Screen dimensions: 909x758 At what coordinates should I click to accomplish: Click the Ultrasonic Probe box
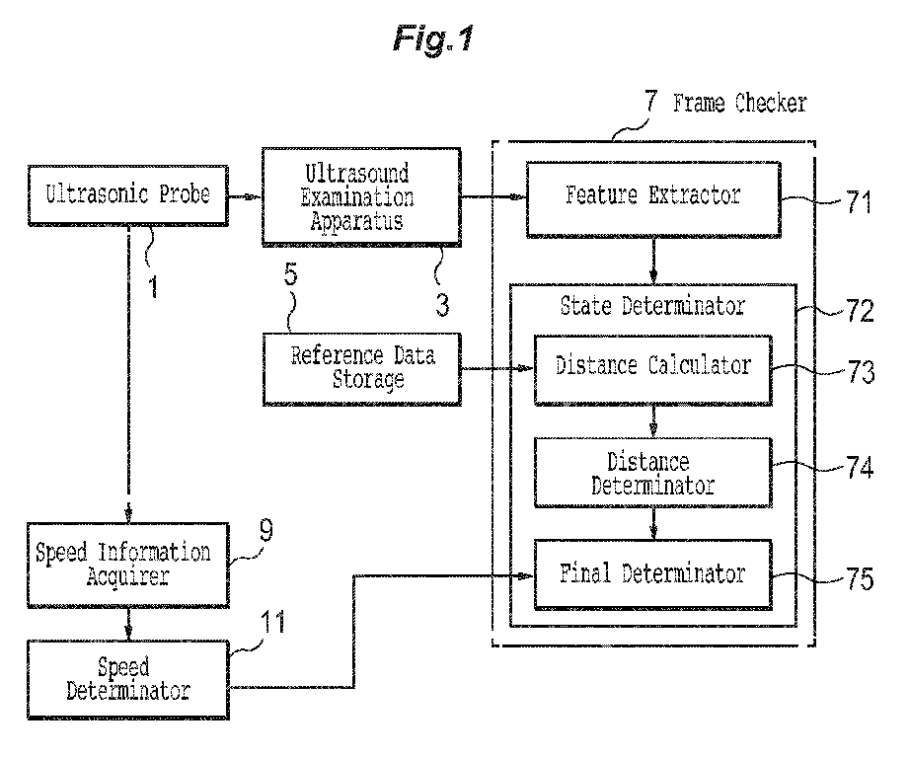(128, 195)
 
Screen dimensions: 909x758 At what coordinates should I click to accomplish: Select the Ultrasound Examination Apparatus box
(361, 197)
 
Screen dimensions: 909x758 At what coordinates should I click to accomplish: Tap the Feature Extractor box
(653, 199)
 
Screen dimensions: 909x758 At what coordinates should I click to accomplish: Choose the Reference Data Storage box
(362, 369)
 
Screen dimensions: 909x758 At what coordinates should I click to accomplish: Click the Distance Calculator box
(652, 369)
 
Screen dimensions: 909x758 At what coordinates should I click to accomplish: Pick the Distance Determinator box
(652, 473)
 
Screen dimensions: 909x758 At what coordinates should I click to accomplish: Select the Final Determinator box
(652, 574)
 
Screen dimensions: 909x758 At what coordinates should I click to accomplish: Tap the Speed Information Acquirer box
(128, 565)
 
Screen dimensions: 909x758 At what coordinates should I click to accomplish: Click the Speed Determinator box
(128, 680)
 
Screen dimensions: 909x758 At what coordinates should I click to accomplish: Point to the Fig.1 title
(433, 39)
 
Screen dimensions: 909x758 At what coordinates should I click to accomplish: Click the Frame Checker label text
(739, 104)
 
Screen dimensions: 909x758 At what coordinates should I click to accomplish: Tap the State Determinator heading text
(652, 305)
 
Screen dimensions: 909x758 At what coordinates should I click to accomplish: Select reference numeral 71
(859, 202)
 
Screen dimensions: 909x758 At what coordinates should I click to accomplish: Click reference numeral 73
(861, 372)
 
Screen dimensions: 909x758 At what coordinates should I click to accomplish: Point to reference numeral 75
(860, 578)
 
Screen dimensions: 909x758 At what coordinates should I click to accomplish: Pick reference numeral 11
(272, 623)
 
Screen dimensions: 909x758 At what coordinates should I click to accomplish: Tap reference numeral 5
(290, 274)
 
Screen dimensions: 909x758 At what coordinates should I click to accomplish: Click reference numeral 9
(266, 530)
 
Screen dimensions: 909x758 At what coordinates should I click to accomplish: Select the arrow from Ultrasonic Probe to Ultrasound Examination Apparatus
(245, 197)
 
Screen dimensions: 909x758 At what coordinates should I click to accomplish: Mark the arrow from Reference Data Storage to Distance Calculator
(497, 368)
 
